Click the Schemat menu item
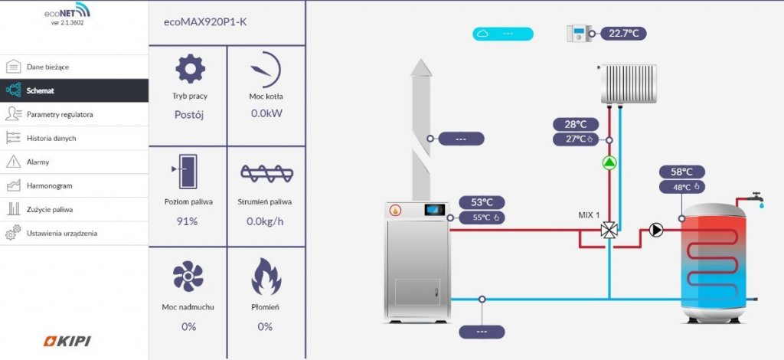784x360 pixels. click(x=74, y=90)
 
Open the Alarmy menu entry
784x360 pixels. click(x=74, y=162)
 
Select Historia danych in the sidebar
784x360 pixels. click(x=74, y=138)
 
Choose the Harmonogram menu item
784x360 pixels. click(x=74, y=185)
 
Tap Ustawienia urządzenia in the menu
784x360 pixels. click(x=74, y=233)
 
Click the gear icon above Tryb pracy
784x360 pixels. click(x=190, y=69)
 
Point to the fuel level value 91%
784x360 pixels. click(x=187, y=221)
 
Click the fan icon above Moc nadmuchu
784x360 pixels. click(x=188, y=276)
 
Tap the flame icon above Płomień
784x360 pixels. click(x=266, y=277)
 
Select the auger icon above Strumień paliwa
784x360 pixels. click(x=266, y=173)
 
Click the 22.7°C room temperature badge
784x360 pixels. click(x=623, y=34)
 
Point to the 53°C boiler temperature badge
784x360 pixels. click(x=482, y=202)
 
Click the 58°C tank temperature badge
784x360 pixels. click(x=682, y=172)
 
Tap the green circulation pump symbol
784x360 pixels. click(x=609, y=162)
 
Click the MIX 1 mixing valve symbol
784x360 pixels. click(x=609, y=231)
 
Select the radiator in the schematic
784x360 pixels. click(x=628, y=83)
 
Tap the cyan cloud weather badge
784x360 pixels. click(x=503, y=34)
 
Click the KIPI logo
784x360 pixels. click(x=67, y=342)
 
